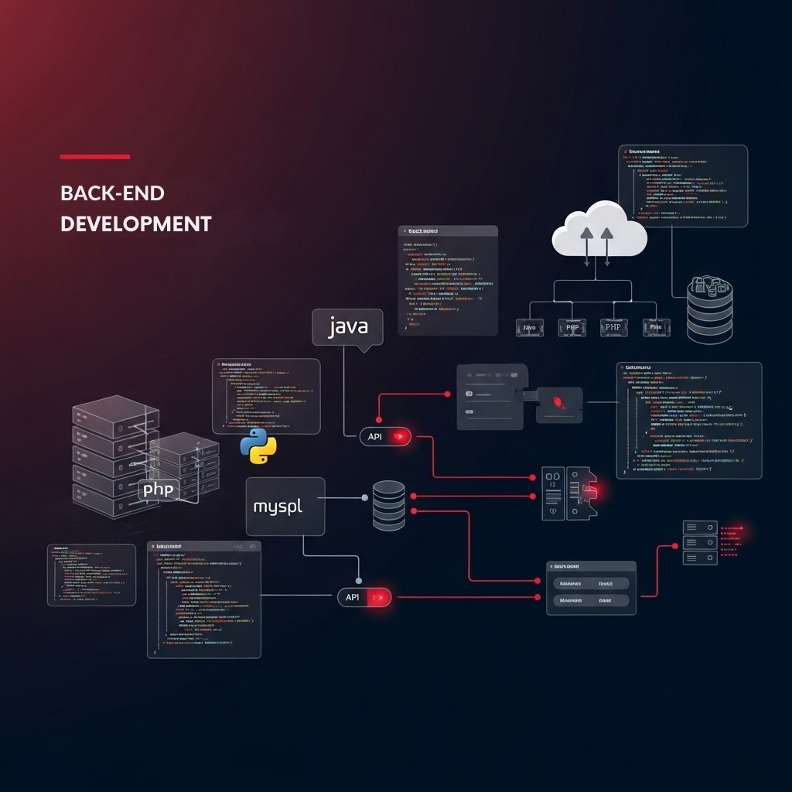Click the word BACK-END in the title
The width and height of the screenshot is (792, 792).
(x=112, y=193)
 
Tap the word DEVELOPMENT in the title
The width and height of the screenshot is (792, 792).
(x=135, y=224)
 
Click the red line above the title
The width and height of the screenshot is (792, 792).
(x=94, y=157)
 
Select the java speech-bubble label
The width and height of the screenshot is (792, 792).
(x=347, y=327)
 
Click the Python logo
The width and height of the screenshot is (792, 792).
(x=258, y=445)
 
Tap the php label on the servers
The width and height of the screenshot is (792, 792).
(x=160, y=490)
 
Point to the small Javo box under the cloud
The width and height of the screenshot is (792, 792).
(x=530, y=328)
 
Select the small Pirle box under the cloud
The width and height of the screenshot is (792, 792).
(x=656, y=328)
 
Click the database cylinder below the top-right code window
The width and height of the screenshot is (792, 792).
(x=709, y=309)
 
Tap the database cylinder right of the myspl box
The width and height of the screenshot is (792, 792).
(x=388, y=505)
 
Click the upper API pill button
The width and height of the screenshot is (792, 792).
(x=385, y=437)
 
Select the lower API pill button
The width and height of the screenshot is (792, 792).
(x=364, y=597)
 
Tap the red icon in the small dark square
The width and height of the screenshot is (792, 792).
(x=558, y=403)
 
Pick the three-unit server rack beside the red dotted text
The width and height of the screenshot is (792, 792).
(x=699, y=542)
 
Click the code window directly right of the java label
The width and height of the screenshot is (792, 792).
(x=448, y=280)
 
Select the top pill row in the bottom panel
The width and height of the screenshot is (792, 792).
(x=591, y=583)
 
